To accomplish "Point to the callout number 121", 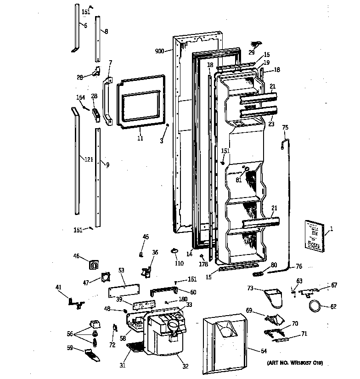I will tap(88, 159).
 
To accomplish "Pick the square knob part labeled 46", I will tap(94, 265).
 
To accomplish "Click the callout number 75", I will tap(285, 128).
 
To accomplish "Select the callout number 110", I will tap(179, 263).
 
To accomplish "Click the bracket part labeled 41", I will tap(74, 301).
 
